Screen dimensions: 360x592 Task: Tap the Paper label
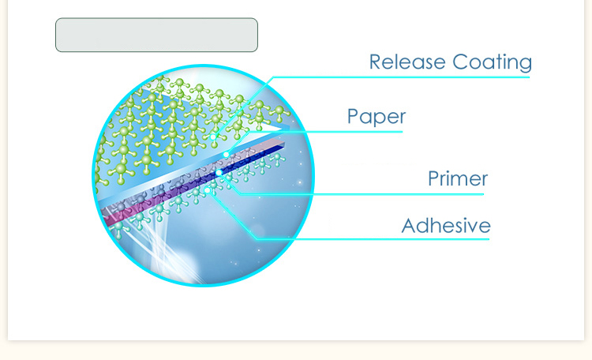[377, 117]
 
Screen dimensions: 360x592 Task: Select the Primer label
[458, 178]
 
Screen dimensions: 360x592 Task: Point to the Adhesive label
[446, 226]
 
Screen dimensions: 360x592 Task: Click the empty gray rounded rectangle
[156, 35]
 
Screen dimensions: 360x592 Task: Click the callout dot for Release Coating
[213, 136]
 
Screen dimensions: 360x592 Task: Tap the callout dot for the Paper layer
[227, 155]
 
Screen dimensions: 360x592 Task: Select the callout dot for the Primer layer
[219, 172]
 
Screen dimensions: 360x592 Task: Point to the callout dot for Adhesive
[207, 189]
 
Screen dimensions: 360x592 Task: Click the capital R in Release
[375, 62]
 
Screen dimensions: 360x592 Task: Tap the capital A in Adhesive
[409, 226]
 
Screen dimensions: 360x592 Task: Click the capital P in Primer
[434, 178]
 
